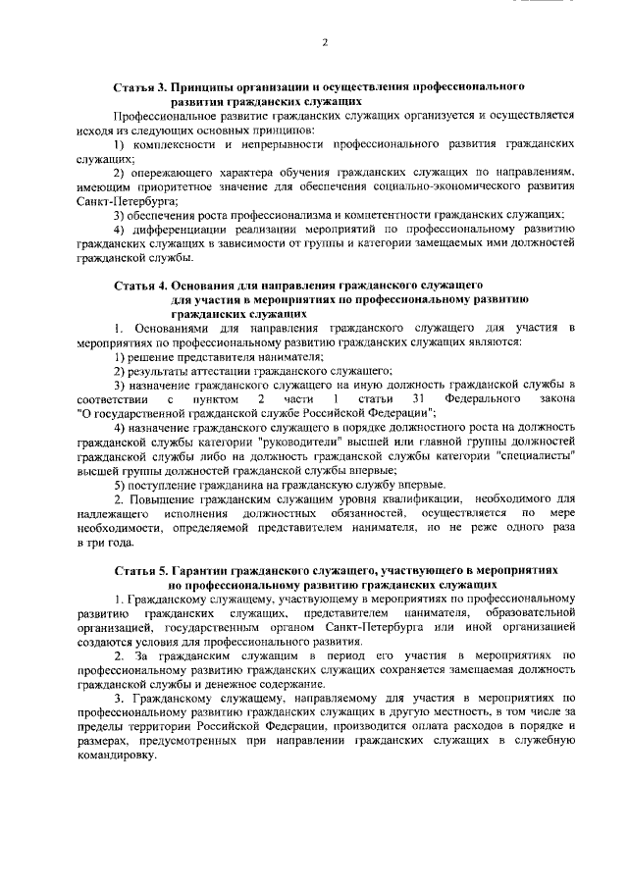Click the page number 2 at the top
(325, 42)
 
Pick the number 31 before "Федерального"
(418, 399)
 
